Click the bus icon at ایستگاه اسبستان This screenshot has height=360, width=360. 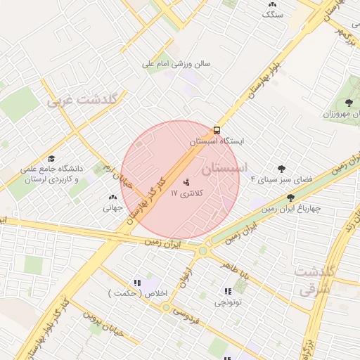tap(217, 130)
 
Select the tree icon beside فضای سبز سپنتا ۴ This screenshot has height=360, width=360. tap(282, 168)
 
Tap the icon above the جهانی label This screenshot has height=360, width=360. tap(113, 197)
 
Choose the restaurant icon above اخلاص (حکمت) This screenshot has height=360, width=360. tap(137, 282)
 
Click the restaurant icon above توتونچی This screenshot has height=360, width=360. tap(227, 290)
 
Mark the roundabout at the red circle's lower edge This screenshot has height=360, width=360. tap(203, 250)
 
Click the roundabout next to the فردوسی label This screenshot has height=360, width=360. tap(166, 307)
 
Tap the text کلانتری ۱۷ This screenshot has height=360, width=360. tap(186, 193)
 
